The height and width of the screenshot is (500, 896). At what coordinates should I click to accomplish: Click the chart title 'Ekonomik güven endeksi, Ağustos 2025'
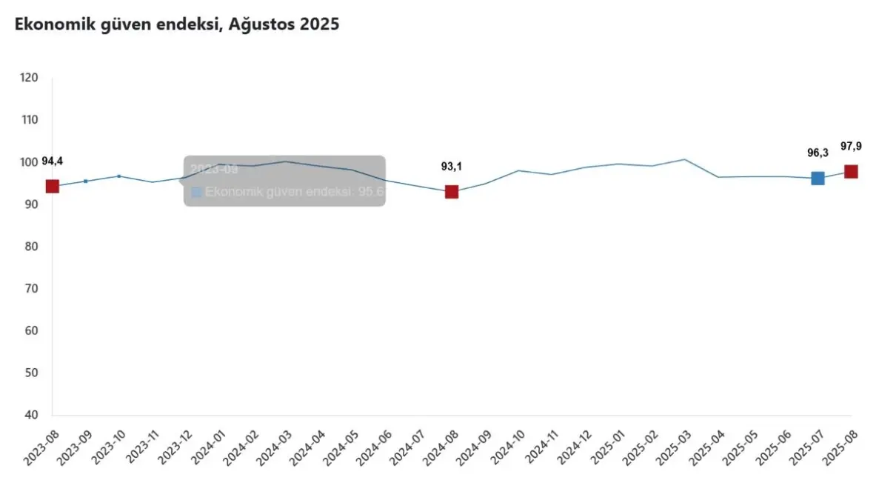(x=176, y=24)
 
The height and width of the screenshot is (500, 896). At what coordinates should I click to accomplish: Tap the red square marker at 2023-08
(x=52, y=186)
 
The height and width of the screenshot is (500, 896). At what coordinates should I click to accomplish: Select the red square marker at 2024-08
(x=451, y=192)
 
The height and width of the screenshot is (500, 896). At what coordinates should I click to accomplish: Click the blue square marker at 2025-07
(x=818, y=178)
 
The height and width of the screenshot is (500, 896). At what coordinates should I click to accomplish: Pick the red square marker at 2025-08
(x=851, y=172)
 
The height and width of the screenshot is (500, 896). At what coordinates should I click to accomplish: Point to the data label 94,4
(x=52, y=161)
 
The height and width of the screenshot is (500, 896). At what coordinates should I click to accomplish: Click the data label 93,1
(x=451, y=167)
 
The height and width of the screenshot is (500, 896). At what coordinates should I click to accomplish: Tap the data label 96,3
(x=818, y=153)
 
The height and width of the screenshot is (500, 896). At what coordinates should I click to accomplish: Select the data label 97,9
(x=851, y=146)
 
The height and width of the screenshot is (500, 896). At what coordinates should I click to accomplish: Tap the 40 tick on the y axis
(x=31, y=415)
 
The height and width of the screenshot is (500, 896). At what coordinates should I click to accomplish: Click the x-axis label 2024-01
(x=213, y=448)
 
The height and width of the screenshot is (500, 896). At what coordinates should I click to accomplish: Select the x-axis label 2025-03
(x=678, y=448)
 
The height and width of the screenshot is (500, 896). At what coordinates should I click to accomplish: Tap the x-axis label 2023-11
(x=146, y=448)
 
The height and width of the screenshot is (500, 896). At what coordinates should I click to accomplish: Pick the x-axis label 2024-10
(x=512, y=448)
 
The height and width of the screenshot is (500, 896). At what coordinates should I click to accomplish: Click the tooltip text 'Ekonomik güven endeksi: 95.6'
(x=294, y=192)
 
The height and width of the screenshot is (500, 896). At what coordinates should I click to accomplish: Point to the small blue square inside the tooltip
(x=196, y=193)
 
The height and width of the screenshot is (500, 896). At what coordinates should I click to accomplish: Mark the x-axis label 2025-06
(x=778, y=448)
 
